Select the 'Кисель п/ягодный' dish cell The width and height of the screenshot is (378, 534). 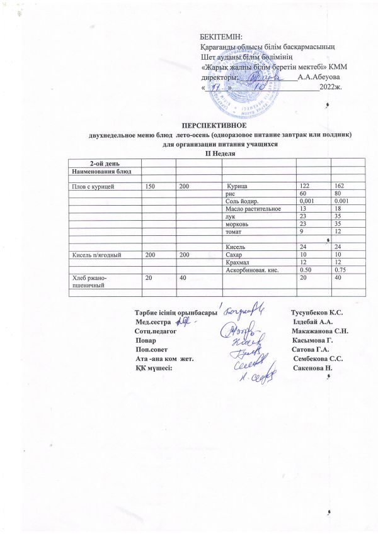pos(93,255)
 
